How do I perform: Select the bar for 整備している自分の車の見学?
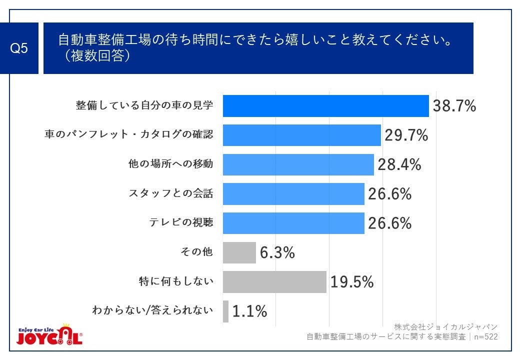(x=325, y=106)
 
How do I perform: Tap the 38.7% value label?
(x=454, y=106)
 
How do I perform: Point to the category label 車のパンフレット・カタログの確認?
(x=129, y=135)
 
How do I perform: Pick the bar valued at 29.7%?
(x=301, y=135)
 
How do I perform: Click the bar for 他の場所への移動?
(x=298, y=164)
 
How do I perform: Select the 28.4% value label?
(x=399, y=164)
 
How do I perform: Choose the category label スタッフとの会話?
(x=171, y=193)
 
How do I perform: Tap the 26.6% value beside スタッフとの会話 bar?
(x=389, y=193)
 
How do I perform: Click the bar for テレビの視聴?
(x=293, y=223)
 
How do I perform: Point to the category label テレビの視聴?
(x=181, y=223)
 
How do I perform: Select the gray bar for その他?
(x=239, y=252)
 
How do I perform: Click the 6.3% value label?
(x=277, y=253)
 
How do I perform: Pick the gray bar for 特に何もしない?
(x=274, y=282)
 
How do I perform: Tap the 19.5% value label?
(x=351, y=282)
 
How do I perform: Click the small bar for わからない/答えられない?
(x=225, y=311)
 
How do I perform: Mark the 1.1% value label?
(x=249, y=311)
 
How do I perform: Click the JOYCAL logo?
(x=49, y=336)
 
